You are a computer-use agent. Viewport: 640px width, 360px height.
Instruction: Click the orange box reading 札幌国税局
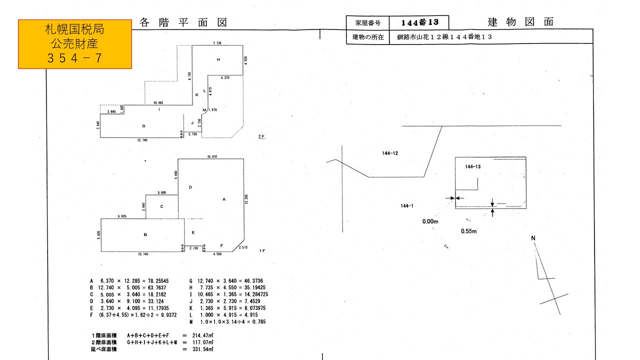click(75, 44)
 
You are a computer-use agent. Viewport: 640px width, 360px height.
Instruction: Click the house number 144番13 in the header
click(419, 22)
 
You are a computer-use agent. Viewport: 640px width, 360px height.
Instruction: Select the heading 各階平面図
click(183, 22)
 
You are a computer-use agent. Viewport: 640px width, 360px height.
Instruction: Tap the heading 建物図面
click(520, 22)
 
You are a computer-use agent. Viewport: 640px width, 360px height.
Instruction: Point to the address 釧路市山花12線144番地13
click(445, 37)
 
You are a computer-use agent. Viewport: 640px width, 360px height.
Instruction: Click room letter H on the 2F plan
click(218, 59)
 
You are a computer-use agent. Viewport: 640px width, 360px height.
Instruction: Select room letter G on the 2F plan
click(143, 126)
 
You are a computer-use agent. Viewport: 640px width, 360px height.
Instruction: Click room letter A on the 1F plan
click(224, 199)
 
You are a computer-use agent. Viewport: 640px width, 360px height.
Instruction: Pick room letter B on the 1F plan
click(145, 234)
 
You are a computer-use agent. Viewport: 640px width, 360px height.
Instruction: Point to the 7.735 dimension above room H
click(217, 43)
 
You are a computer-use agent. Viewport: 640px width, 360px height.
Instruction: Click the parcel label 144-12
click(389, 153)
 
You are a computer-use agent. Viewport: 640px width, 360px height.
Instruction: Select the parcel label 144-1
click(406, 205)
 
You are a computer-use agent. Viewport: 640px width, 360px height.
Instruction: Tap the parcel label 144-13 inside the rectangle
click(472, 166)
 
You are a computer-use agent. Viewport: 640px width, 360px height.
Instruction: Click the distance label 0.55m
click(468, 231)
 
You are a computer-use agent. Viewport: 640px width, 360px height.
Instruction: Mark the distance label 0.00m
click(430, 221)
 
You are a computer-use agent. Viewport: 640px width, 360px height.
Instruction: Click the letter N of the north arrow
click(533, 238)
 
